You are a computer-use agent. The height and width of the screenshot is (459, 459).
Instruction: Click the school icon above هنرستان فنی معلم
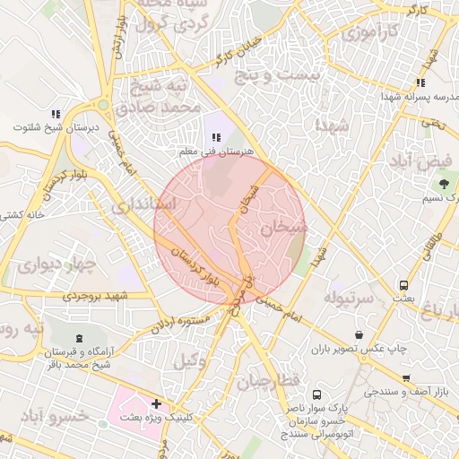coord(216,137)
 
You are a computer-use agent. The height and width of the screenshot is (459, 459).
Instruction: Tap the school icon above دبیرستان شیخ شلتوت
coord(56,114)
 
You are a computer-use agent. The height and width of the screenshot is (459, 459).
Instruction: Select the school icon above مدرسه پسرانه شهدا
coord(420,82)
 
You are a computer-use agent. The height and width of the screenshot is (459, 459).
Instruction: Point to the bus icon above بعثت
coord(405,285)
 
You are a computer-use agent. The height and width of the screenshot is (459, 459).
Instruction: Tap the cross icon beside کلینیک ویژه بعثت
coord(157,404)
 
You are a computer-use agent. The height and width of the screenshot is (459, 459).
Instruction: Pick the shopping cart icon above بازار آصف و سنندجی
coord(407,377)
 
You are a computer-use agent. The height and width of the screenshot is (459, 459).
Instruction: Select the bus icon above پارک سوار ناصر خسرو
coord(316,394)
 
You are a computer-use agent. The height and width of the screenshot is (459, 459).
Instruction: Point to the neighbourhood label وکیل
coord(189,361)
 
